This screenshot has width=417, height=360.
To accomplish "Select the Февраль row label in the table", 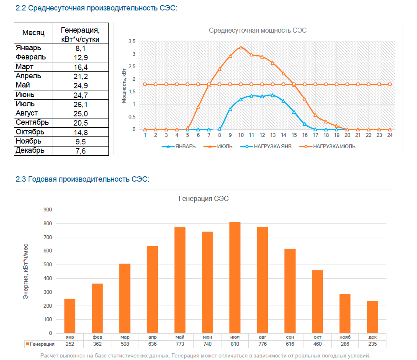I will pos(31,57).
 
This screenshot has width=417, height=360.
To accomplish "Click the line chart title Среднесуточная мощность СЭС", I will pos(257,30).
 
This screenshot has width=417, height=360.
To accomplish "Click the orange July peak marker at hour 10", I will pos(241,47).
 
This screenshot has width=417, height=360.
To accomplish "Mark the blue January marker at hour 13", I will pos(273,95).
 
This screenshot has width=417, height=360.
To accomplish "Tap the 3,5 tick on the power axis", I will pos(132,41).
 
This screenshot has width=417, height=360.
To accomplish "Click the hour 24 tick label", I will pos(390,135).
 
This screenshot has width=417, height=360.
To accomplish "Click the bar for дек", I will pos(372,317).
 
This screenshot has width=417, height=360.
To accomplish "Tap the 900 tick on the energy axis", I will pos(48,210).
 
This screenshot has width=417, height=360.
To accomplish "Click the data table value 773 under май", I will pos(180,344).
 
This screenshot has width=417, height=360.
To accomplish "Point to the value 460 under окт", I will pos(317,344).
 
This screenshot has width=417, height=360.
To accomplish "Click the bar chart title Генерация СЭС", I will pos(203,198).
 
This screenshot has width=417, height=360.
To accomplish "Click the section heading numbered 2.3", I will pos(82,179).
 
